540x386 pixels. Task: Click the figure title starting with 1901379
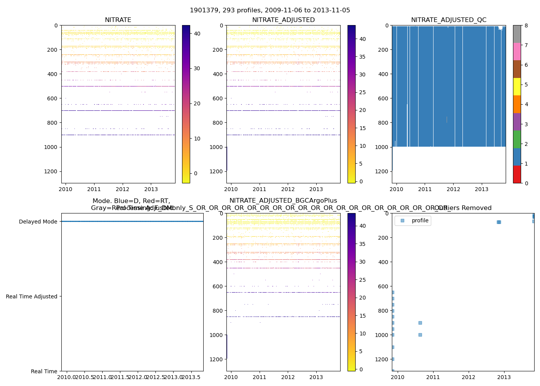pos(270,10)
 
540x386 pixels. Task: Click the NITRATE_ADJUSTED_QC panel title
pos(449,20)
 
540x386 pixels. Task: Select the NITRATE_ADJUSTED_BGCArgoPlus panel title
pos(283,201)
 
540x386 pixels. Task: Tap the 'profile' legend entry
pos(420,221)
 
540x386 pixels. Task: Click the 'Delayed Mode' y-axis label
pos(38,222)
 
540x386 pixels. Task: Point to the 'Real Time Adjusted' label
pos(31,296)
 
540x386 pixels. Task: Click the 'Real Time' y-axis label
pos(44,371)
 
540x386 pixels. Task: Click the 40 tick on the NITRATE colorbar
pos(197,34)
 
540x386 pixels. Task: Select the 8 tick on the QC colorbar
pos(526,25)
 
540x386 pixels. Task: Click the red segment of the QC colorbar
pos(517,174)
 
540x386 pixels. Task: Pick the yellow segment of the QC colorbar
pos(517,86)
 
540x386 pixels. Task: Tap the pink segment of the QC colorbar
pos(517,51)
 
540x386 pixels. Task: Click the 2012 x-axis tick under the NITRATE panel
pos(122,189)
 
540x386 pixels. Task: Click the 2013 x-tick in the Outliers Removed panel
pos(504,377)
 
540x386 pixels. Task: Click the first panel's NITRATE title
pos(118,20)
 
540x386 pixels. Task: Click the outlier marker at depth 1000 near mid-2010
pos(420,335)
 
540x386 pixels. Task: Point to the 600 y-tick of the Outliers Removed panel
pos(383,286)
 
